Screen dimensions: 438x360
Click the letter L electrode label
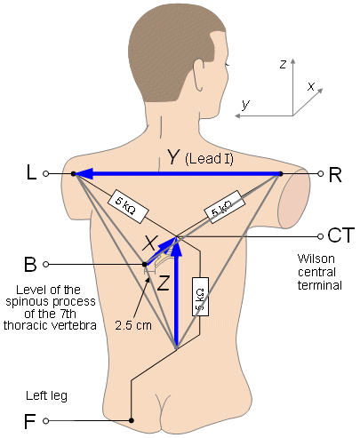tap(30, 174)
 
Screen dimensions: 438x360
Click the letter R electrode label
tap(335, 174)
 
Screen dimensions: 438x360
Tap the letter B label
tap(30, 264)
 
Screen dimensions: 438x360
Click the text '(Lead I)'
tap(210, 160)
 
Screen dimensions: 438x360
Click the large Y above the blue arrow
tap(173, 158)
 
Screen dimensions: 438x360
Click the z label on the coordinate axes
tap(282, 64)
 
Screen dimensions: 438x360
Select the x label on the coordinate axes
tap(311, 85)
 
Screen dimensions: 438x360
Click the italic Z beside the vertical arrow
tap(163, 285)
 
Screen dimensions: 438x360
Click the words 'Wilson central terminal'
tap(320, 271)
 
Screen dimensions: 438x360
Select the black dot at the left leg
tap(132, 420)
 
